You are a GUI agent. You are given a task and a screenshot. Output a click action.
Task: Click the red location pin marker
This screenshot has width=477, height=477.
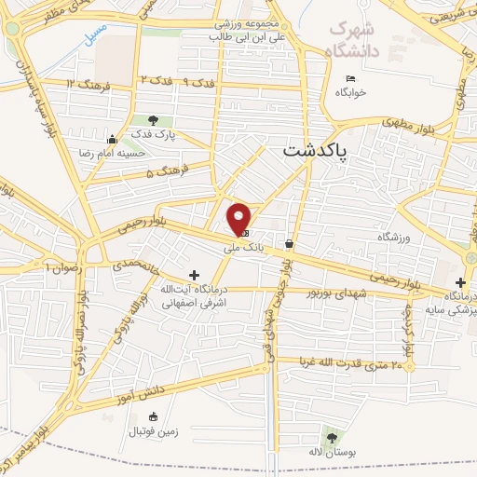[x=239, y=218]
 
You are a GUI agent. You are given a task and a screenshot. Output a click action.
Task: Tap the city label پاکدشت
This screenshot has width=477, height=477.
[x=314, y=150]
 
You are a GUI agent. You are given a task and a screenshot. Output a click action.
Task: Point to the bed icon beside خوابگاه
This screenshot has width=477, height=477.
[x=350, y=77]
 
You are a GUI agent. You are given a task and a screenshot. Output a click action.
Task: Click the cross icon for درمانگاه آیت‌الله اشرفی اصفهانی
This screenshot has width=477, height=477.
[x=194, y=275]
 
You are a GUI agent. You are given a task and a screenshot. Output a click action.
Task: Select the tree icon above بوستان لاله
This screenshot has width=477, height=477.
[x=331, y=436]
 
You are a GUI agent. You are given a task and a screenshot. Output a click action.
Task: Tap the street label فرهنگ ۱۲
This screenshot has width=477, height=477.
[x=85, y=84]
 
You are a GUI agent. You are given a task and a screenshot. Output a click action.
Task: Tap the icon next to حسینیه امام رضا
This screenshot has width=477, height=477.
[x=113, y=140]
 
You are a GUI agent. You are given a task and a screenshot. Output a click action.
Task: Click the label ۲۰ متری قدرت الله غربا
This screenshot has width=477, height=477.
[x=351, y=362]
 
